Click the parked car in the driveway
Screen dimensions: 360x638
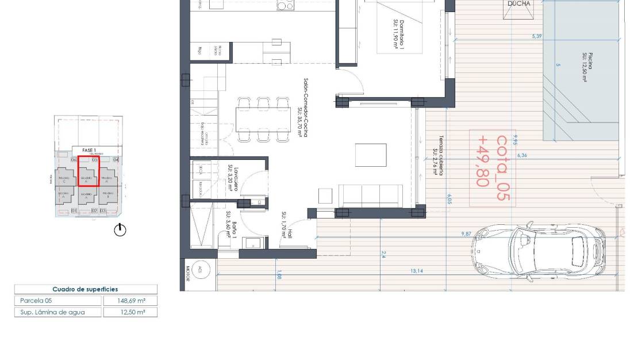tap(539, 251)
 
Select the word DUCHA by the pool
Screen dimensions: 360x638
tap(518, 3)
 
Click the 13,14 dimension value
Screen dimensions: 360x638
tap(417, 270)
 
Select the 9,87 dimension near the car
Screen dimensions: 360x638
tap(466, 233)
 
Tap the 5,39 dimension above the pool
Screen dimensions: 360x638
tap(537, 36)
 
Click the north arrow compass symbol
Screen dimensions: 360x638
tap(120, 230)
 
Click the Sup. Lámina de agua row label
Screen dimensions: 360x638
tap(52, 312)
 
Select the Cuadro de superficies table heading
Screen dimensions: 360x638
tap(85, 289)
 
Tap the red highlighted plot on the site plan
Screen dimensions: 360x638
tap(88, 179)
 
